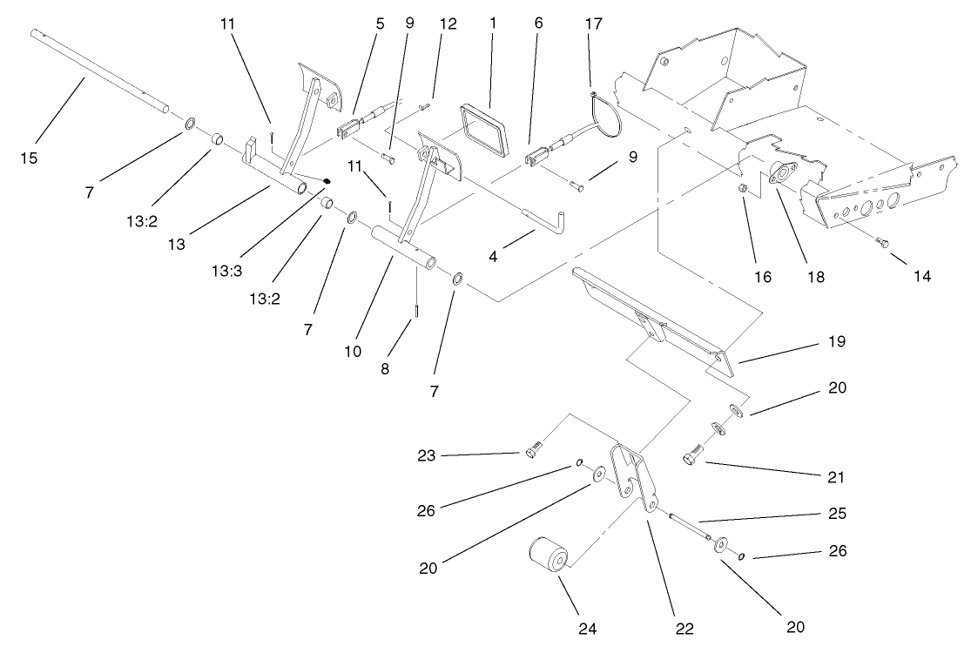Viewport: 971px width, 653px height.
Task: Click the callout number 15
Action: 30,158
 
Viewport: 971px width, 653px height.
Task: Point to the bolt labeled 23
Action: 534,450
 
